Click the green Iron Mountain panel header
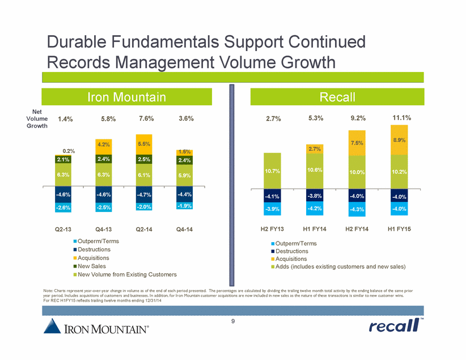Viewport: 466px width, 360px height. tap(126, 97)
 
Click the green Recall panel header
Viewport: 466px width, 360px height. tap(337, 97)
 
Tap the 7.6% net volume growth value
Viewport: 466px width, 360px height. tap(147, 118)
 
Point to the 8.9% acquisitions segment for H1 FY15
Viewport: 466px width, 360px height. tap(400, 139)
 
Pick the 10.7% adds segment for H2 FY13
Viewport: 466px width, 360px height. tap(273, 171)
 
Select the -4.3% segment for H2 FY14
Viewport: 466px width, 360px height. tap(358, 210)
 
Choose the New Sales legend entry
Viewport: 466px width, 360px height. tap(91, 266)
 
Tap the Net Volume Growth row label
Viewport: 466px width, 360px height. tap(37, 119)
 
